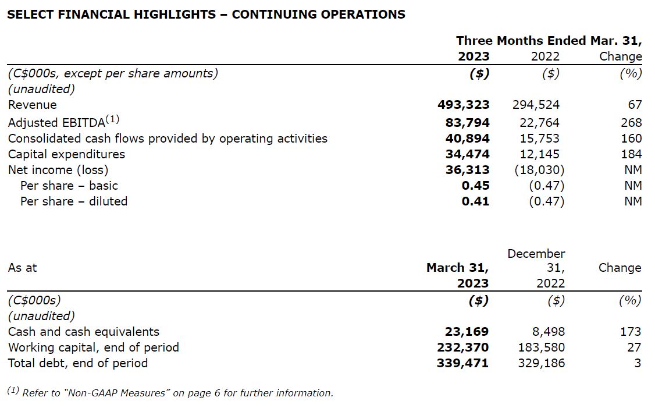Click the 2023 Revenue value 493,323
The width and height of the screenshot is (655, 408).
coord(463,105)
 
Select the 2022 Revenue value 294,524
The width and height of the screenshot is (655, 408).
coord(536,105)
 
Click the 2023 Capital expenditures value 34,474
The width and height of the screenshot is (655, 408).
coord(467,154)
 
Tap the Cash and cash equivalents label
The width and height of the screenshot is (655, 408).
coord(83,332)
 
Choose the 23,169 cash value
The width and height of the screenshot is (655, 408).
coord(467,332)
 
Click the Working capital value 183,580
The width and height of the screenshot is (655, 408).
coord(541,347)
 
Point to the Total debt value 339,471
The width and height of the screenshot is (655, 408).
coord(462,363)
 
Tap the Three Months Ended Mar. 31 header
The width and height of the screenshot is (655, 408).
coord(549,41)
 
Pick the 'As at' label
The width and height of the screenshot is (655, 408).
coord(22,268)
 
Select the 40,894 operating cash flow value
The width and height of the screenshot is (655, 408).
coord(467,139)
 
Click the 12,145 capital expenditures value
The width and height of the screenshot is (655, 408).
coord(539,154)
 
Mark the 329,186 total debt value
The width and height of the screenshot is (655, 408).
coord(541,363)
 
